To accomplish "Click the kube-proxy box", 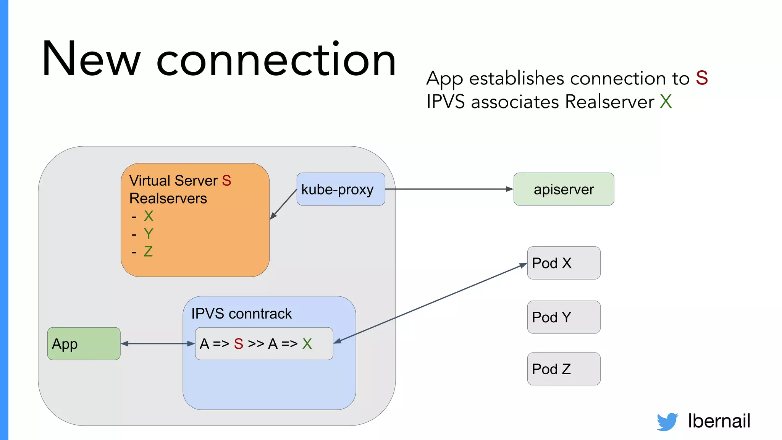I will (x=341, y=189).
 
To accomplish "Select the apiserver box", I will (x=564, y=189).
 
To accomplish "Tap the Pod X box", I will (x=564, y=263).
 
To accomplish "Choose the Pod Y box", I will (x=564, y=317).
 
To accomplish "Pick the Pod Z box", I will (x=564, y=369).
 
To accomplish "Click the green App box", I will (x=84, y=344).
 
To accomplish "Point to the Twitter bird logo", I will (x=667, y=422).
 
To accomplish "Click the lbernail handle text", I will (x=719, y=421).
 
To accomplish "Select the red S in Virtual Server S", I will (x=226, y=181).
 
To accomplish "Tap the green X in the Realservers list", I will (x=149, y=216).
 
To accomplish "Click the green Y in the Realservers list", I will (x=149, y=234).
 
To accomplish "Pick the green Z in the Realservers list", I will (x=148, y=251).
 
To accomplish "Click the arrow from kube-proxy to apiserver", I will (x=449, y=189).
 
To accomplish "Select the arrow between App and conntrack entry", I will (x=158, y=344).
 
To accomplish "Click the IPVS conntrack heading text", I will (x=241, y=314).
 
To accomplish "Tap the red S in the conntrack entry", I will (x=239, y=344).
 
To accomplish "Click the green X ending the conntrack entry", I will (x=307, y=344).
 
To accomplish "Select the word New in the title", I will (x=91, y=59).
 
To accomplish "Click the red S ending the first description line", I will (x=702, y=78).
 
